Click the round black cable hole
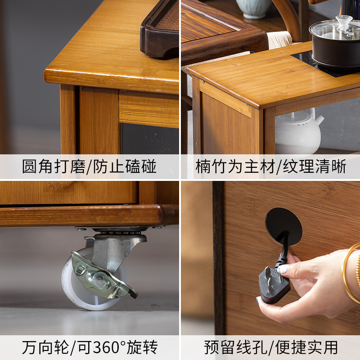[x=283, y=226]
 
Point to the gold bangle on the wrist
[x=350, y=271]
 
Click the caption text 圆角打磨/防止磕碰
[x=89, y=166]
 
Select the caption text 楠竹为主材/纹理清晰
[x=271, y=166]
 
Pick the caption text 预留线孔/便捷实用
[x=271, y=347]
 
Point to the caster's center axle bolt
[x=99, y=279]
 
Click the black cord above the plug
[x=284, y=248]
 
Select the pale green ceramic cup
[x=254, y=9]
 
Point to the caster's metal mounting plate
[x=119, y=228]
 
